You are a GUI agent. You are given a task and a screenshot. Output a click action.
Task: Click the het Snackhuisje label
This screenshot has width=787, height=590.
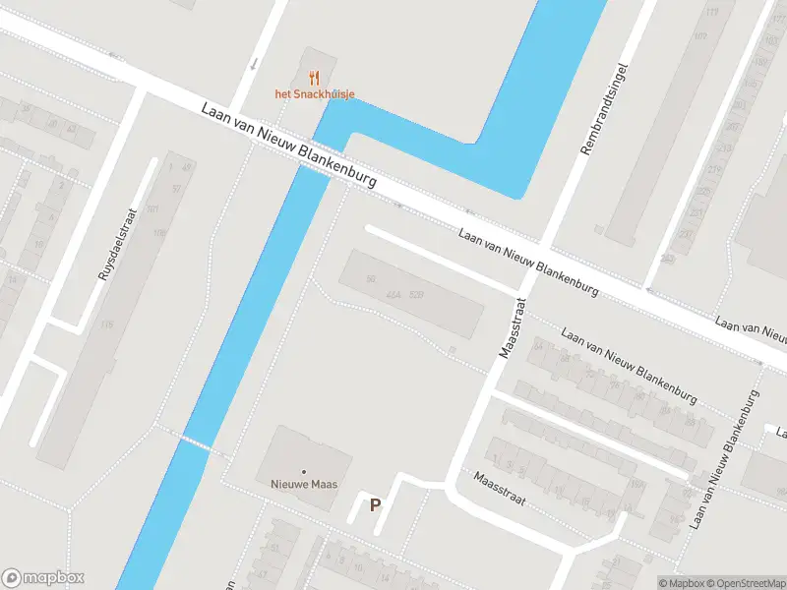(314, 94)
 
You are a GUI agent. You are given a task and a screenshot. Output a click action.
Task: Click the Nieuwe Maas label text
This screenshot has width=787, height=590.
(303, 484)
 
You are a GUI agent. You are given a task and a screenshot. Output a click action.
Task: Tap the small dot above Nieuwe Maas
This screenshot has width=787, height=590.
(304, 472)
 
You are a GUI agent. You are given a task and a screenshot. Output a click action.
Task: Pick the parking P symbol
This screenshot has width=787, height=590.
(375, 505)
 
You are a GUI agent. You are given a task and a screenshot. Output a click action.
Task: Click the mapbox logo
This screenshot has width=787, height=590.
(43, 578)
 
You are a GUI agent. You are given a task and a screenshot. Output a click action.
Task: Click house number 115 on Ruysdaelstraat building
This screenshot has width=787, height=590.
(106, 325)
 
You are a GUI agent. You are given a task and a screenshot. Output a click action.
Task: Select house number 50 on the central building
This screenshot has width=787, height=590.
(371, 280)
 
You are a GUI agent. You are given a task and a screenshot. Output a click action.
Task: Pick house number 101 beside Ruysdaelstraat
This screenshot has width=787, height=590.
(152, 209)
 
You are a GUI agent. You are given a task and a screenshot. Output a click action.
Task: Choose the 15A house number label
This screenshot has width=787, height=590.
(636, 484)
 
